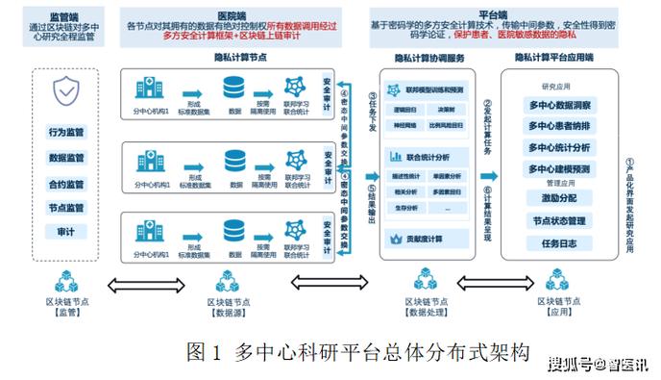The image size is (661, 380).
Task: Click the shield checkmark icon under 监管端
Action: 66,93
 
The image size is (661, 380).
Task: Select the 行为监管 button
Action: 66,132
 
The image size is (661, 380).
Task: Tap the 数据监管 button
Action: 66,158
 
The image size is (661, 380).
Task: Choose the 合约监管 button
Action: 66,183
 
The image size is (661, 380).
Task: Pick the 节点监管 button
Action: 66,208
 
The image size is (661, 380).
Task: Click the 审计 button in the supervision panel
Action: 66,232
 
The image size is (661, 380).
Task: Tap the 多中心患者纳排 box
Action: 560,125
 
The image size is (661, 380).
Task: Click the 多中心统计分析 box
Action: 560,147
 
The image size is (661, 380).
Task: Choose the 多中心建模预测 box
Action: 560,169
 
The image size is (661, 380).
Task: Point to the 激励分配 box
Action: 560,198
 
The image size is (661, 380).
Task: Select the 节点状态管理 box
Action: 560,221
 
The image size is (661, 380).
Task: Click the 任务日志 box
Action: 560,243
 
